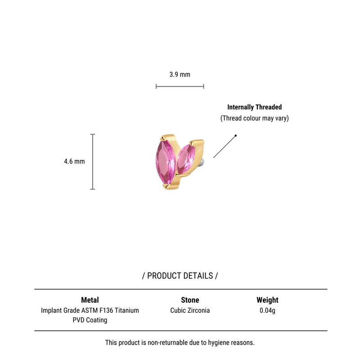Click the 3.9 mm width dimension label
180,74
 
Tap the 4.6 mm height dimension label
74,162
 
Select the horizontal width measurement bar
180,86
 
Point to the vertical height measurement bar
93,162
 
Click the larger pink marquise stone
165,162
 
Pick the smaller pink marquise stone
186,159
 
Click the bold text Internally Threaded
254,107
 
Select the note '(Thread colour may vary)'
254,118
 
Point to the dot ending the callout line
235,136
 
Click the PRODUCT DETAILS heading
180,276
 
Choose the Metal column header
90,300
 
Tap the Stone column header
190,300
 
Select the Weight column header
267,300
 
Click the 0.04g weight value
267,310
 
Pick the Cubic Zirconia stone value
190,310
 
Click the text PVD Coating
90,320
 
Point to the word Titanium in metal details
127,310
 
